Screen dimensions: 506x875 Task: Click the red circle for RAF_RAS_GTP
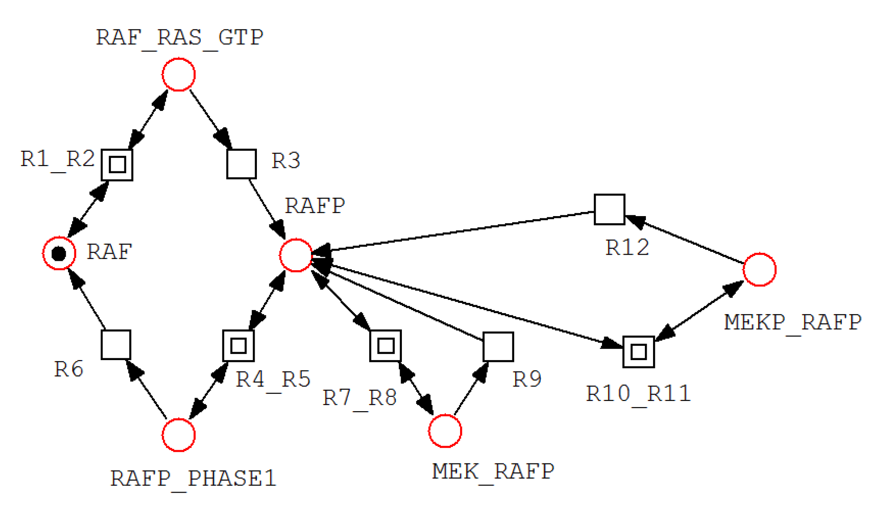(x=178, y=74)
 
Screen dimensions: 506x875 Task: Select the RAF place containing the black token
(x=59, y=253)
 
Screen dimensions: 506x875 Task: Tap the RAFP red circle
(x=296, y=255)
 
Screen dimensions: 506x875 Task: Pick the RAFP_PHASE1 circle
(x=178, y=435)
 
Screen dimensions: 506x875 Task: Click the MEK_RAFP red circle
(x=445, y=430)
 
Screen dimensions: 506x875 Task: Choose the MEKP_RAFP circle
(x=759, y=269)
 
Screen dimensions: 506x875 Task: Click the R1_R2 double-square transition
(x=117, y=165)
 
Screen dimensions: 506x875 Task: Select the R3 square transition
(x=241, y=164)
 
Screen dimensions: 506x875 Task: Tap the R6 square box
(x=116, y=344)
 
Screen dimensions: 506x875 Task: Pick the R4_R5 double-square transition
(x=238, y=345)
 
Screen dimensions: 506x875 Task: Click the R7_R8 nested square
(x=385, y=345)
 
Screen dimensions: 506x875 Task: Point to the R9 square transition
(x=498, y=347)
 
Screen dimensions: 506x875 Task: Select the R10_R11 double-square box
(x=638, y=352)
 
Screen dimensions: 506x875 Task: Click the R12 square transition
(x=609, y=209)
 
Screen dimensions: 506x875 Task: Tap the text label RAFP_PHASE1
(x=193, y=478)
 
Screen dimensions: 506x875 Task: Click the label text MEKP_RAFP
(x=792, y=322)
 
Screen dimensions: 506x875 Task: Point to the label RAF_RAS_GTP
(x=179, y=37)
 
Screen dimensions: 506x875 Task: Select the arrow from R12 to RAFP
(x=457, y=231)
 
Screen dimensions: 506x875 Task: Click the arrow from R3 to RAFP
(x=267, y=208)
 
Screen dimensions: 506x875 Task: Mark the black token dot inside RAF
(x=59, y=254)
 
